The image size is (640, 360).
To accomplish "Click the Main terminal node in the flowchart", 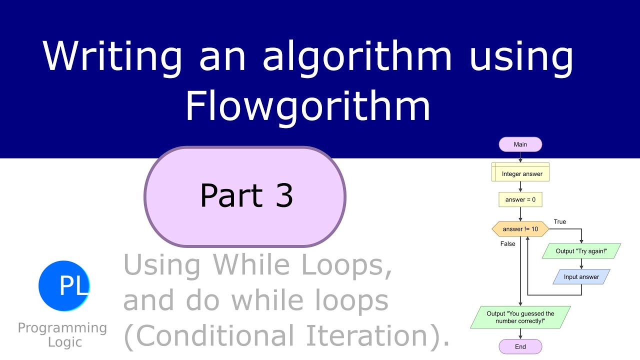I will [520, 144].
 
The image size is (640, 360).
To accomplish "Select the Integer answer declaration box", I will [520, 173].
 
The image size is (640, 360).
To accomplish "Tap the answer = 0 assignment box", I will [520, 199].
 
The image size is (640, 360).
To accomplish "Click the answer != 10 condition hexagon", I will [520, 229].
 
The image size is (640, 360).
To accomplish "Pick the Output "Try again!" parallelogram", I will [581, 251].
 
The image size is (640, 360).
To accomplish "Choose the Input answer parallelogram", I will [582, 276].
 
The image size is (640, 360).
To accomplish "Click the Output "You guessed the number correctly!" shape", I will [520, 317].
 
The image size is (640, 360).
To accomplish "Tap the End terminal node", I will [520, 346].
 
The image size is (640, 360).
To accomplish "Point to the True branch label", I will [560, 221].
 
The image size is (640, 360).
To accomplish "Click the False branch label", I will [507, 244].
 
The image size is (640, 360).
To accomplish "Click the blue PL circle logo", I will [64, 286].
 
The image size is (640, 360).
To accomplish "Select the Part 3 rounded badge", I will [245, 196].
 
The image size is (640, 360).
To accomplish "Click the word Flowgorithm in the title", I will [308, 106].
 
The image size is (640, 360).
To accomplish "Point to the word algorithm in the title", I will [357, 56].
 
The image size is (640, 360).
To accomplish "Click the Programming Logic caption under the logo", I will [62, 335].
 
